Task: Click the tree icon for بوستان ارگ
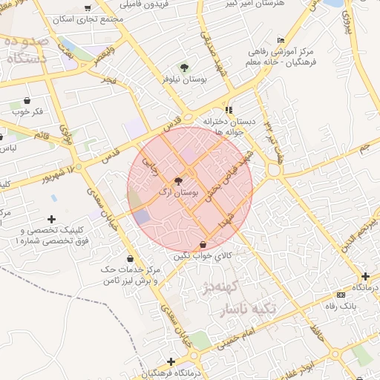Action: point(178,180)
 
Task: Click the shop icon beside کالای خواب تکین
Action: point(203,244)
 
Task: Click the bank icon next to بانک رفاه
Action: point(341,295)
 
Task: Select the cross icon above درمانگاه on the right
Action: point(364,276)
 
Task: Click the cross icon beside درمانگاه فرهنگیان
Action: point(171,361)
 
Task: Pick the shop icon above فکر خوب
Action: point(27,100)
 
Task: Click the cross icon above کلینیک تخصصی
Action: point(50,219)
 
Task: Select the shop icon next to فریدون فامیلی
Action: point(88,8)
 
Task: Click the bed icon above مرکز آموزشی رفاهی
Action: point(279,40)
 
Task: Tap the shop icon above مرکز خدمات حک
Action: point(130,258)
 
